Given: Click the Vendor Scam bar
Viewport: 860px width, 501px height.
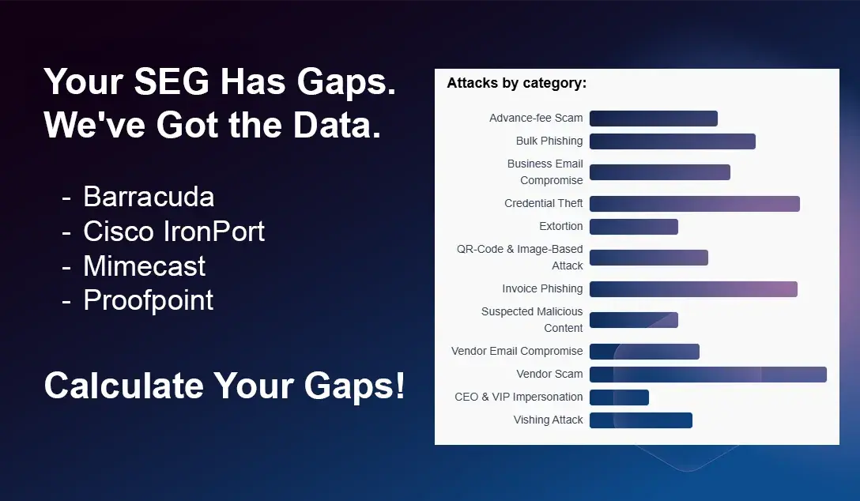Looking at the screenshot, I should coord(707,375).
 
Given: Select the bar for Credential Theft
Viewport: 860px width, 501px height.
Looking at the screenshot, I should coord(694,204).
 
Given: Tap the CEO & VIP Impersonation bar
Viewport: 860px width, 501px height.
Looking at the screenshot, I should coord(619,397).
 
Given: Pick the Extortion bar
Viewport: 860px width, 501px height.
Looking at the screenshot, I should coord(633,227).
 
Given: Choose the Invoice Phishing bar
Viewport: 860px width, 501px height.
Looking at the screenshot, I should coord(693,289).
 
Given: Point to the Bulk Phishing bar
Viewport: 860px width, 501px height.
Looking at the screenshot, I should coord(672,141).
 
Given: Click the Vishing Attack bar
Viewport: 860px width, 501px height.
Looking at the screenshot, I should coord(640,420).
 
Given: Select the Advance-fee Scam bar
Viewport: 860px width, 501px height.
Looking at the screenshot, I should coord(653,119).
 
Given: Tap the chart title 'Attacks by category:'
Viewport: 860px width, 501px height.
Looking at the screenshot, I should coord(516,83).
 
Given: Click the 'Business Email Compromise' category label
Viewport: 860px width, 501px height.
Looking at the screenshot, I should coord(545,172).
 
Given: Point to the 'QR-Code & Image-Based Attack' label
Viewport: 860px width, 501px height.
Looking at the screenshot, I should coord(520,258).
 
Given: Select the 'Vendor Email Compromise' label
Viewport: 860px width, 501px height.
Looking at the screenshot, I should coord(517,351).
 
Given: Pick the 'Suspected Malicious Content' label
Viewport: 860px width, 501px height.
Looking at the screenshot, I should coord(532,320).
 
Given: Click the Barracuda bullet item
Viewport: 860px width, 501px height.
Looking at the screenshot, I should coord(149,196).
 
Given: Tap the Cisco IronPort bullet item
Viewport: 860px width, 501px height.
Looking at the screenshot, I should coord(174,231).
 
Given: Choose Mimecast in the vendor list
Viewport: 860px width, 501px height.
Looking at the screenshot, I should coord(145,266).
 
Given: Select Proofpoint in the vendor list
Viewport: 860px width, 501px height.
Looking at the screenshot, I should coord(149,300).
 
